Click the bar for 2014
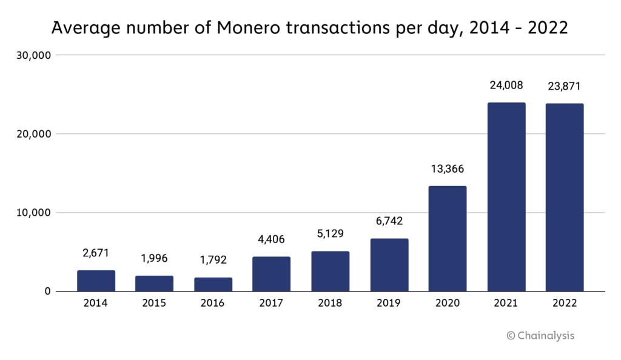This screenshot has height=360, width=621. point(96,281)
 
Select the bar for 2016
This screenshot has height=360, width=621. point(213,284)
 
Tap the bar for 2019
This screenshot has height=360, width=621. point(389,265)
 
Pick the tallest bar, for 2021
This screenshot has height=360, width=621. point(506,197)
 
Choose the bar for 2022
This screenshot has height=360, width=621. point(564,198)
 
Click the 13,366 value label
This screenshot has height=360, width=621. point(448,169)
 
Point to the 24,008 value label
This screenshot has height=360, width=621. point(506,85)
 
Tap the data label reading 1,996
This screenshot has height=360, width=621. point(154,259)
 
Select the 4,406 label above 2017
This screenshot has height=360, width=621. point(272,239)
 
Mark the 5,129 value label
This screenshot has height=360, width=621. point(330,234)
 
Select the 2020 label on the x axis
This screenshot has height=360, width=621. point(448,303)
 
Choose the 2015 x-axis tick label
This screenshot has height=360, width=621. point(154,303)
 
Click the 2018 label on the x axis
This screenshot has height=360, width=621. point(330,303)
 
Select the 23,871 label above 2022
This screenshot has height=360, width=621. point(564,87)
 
